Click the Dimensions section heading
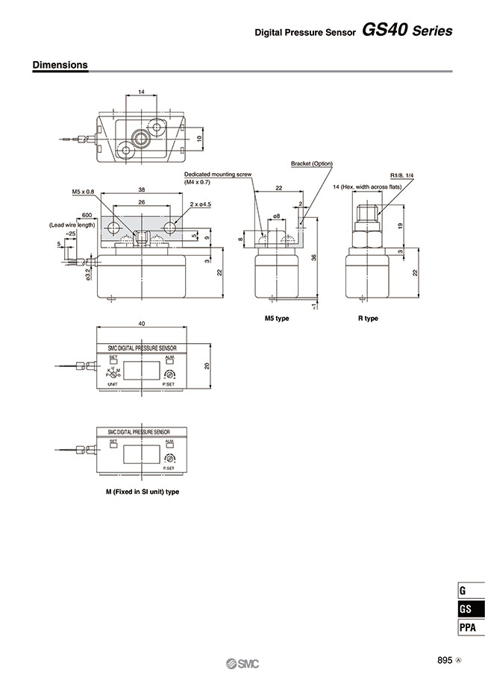(x=60, y=65)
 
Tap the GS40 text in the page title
(x=385, y=31)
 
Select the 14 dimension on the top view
(x=141, y=92)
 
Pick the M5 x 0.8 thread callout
(x=84, y=192)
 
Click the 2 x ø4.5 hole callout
(x=201, y=204)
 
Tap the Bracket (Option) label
(x=312, y=163)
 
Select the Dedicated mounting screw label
(x=218, y=173)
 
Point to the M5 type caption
(x=277, y=319)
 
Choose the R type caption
(x=368, y=319)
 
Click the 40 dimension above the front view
(x=141, y=324)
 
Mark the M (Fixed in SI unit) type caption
(x=143, y=492)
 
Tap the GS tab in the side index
(x=466, y=609)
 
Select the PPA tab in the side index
(x=466, y=627)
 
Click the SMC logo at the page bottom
(x=242, y=664)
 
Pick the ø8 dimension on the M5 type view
(x=276, y=216)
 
